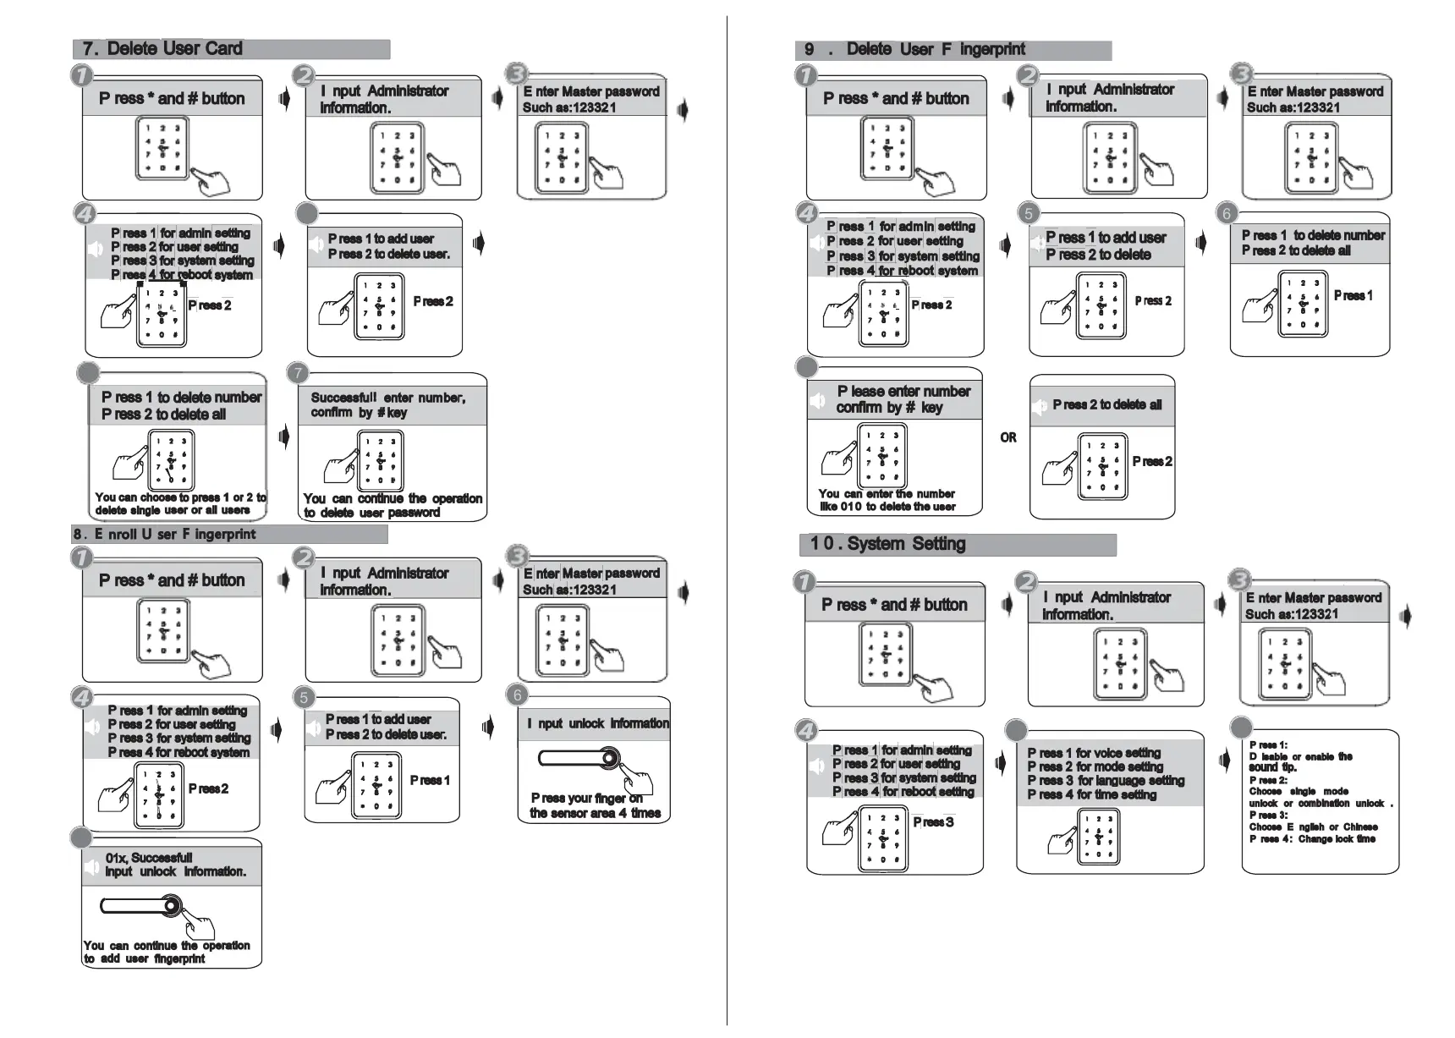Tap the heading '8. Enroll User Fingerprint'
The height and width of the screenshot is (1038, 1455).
[x=164, y=534]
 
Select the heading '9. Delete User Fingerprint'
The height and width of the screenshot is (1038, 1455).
[x=919, y=50]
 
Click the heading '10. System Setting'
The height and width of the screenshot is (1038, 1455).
[x=888, y=544]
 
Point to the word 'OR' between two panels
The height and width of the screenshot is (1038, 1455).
[x=1008, y=437]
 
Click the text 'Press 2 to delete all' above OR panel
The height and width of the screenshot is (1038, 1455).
[x=1106, y=405]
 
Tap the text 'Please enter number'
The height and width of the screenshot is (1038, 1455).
[x=903, y=392]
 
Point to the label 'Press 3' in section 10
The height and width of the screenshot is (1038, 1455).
[x=933, y=822]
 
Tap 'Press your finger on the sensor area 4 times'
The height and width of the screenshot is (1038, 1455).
[x=595, y=805]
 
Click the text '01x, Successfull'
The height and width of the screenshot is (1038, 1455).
[x=149, y=858]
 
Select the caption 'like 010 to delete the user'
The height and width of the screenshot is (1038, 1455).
[x=887, y=507]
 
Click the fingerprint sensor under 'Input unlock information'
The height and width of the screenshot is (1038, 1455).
[x=609, y=758]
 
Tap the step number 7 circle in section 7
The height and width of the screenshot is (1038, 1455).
[x=298, y=373]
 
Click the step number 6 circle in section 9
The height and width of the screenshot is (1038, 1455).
[x=1227, y=213]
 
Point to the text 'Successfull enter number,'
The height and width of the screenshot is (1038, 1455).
[x=387, y=398]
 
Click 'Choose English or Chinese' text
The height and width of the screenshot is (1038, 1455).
[x=1314, y=827]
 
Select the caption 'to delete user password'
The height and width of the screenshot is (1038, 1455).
[x=372, y=513]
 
